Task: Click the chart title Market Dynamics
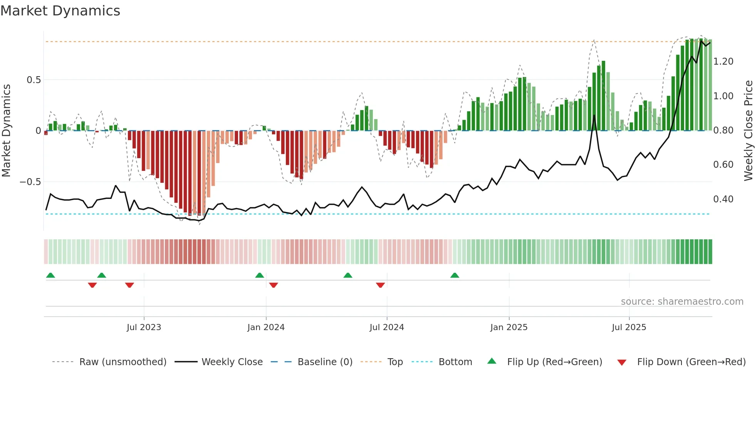60,11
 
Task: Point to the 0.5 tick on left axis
34,80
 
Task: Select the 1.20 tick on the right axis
723,62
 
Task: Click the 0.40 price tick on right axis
723,199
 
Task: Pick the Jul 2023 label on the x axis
144,327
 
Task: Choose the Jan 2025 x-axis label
508,327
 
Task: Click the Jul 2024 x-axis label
386,327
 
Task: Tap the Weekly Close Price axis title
748,130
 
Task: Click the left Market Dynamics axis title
6,130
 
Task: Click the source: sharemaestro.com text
682,302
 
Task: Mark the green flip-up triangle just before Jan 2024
260,275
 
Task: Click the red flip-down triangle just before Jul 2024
380,285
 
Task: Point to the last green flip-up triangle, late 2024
455,275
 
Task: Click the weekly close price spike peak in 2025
594,115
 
